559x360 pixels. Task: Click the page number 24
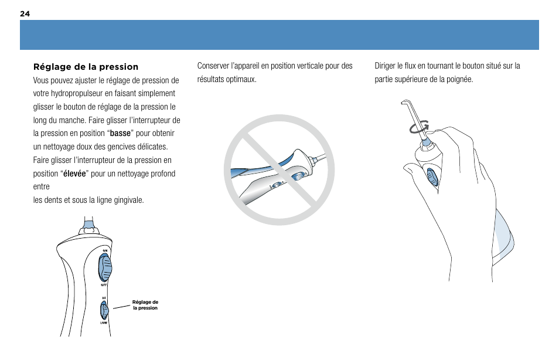click(x=25, y=13)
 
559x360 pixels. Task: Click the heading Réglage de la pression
click(x=86, y=67)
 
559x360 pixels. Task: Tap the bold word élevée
click(x=74, y=174)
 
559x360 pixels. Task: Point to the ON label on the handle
click(x=105, y=250)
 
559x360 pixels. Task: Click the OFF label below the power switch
click(x=104, y=285)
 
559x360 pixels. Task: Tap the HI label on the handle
click(x=104, y=298)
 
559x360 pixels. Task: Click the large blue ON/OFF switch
click(x=105, y=268)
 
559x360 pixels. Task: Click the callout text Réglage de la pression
click(x=145, y=305)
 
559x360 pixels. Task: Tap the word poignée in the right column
click(x=459, y=80)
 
